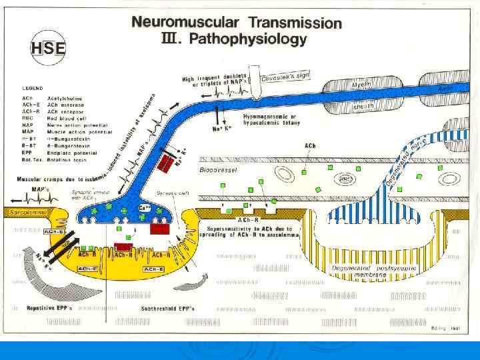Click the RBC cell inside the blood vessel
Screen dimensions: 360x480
pyautogui.click(x=346, y=178)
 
